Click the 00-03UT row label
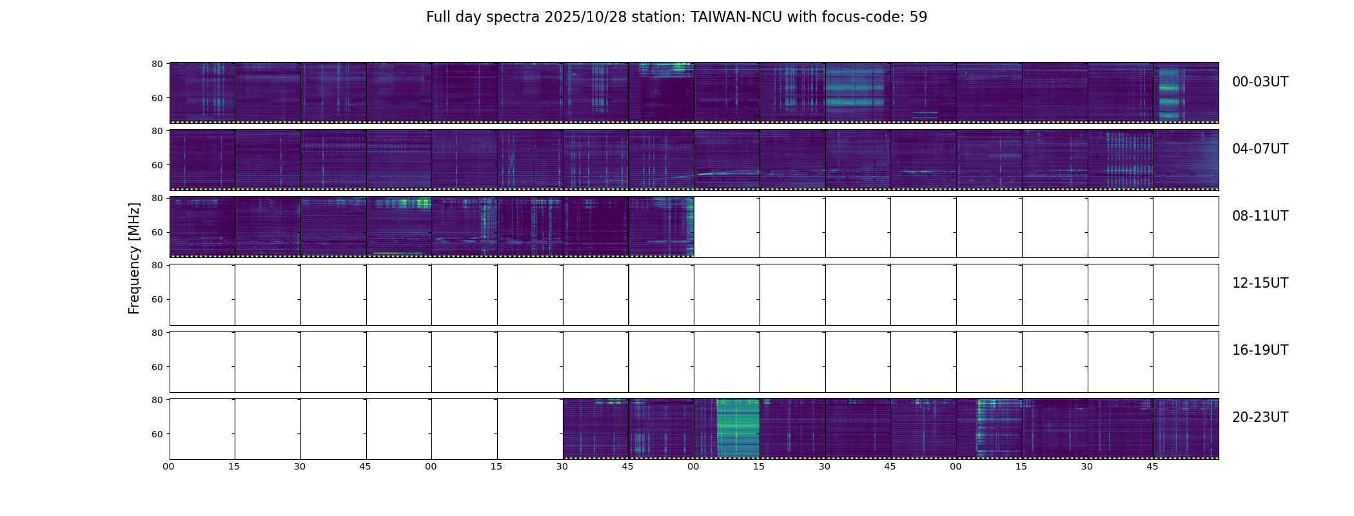tap(1260, 82)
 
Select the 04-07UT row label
tap(1260, 149)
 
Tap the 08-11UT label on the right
tap(1260, 216)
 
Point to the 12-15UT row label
tap(1260, 283)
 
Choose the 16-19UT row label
tap(1260, 350)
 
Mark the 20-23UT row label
tap(1260, 417)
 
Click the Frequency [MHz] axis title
tap(134, 258)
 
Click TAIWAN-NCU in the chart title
tap(736, 17)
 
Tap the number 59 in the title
tap(918, 17)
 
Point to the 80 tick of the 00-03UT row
tap(157, 64)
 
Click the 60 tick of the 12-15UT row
tap(157, 299)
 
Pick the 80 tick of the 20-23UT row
tap(157, 400)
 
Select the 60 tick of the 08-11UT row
tap(157, 232)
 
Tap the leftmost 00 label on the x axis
tap(168, 466)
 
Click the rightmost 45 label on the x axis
tap(1152, 466)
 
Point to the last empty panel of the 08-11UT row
tap(1186, 227)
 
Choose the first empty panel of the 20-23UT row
tap(202, 428)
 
